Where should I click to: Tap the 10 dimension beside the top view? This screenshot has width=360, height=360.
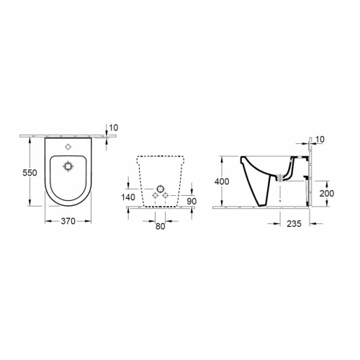click(x=112, y=128)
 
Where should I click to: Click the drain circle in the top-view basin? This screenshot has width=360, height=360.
click(x=69, y=167)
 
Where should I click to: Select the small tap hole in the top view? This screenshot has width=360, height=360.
click(x=69, y=148)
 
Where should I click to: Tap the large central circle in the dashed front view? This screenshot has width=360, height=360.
click(x=158, y=189)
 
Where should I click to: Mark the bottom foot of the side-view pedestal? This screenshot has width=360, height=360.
click(x=266, y=204)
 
